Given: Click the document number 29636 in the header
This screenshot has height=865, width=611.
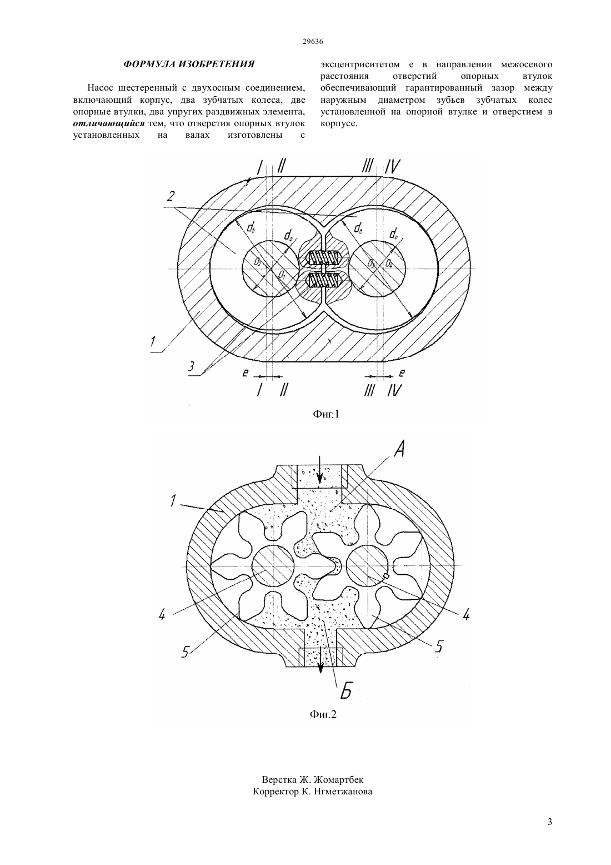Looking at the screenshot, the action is (x=313, y=42).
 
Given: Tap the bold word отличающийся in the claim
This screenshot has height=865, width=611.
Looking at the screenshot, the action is (x=109, y=123).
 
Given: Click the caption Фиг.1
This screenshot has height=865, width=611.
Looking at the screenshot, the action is (x=325, y=414).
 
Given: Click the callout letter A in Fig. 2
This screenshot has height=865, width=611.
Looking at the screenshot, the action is (x=398, y=449).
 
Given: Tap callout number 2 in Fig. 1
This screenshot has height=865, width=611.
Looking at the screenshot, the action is (x=170, y=196).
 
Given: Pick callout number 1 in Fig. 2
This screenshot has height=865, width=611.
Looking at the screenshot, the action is (x=172, y=501).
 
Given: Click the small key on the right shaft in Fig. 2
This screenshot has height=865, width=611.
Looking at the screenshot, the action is (x=387, y=576).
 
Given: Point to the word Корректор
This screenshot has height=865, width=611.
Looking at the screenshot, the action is (x=274, y=792).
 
